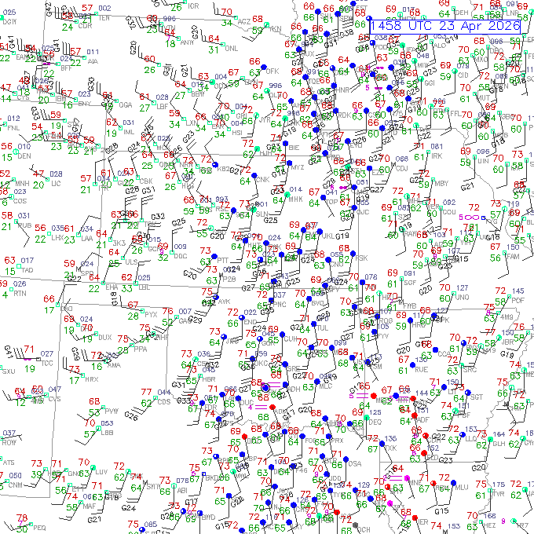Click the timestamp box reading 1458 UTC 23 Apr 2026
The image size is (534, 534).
(445, 26)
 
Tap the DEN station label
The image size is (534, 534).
(25, 156)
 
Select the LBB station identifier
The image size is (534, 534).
(107, 432)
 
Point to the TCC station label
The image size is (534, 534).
(47, 363)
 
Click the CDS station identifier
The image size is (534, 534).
(163, 402)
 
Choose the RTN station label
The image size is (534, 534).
(20, 293)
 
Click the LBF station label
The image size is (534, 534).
(163, 104)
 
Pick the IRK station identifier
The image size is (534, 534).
(437, 156)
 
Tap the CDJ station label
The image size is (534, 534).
(401, 167)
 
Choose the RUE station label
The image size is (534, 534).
(421, 368)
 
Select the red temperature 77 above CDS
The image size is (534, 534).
(146, 392)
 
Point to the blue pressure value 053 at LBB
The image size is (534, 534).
(107, 423)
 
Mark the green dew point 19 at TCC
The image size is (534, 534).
(29, 368)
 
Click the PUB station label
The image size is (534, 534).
(25, 225)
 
